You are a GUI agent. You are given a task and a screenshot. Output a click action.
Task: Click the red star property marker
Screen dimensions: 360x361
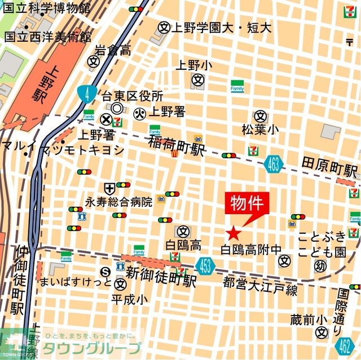tap(234, 233)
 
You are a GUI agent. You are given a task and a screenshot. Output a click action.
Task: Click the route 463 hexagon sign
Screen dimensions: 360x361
tap(272, 163)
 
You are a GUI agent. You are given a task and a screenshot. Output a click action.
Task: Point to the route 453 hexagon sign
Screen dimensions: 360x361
tap(206, 264)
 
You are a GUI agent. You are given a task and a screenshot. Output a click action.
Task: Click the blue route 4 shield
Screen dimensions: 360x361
tap(86, 94)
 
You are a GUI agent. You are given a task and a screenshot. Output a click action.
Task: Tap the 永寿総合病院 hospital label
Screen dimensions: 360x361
tap(118, 201)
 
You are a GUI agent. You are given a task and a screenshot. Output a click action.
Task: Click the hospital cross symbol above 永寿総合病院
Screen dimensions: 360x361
tap(108, 188)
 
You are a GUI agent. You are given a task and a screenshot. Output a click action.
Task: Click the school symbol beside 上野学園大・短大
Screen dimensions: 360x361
tap(164, 26)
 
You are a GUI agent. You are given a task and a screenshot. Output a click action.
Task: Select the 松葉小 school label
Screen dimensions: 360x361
tap(260, 130)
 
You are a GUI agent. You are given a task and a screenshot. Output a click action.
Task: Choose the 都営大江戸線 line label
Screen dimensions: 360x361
tap(260, 285)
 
